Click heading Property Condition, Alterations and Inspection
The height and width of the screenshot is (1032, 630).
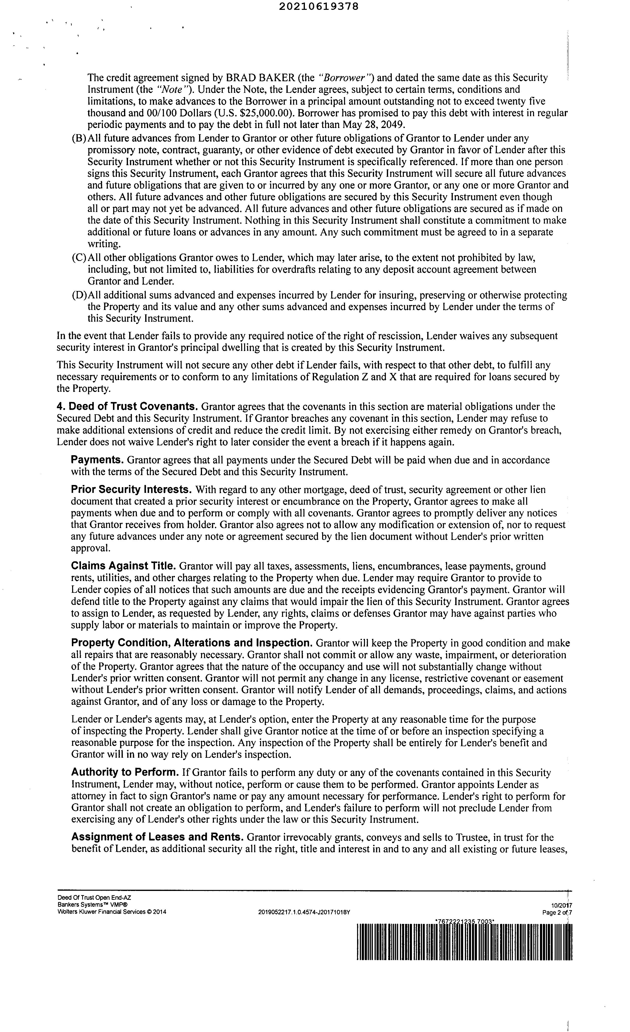pos(192,643)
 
